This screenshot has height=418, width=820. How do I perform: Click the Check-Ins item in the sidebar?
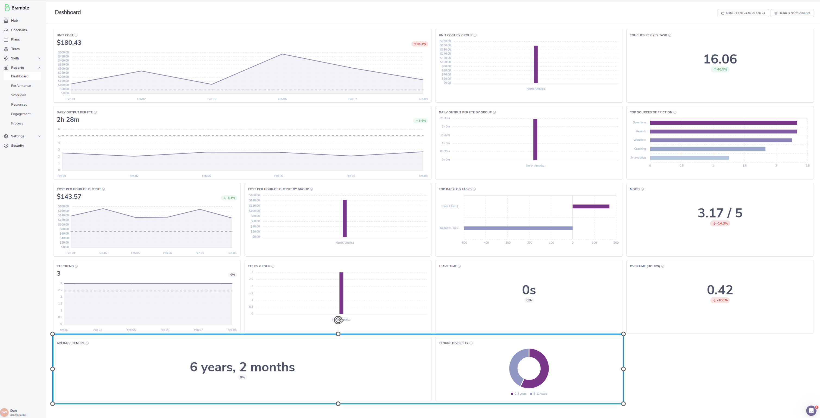19,30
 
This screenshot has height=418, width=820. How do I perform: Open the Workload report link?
18,95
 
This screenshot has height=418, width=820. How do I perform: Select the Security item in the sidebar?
17,146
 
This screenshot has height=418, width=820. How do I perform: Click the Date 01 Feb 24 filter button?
743,13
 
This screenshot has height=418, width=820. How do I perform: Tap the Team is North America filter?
792,13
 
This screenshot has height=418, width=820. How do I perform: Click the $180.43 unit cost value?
69,43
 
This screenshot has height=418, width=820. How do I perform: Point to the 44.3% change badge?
420,44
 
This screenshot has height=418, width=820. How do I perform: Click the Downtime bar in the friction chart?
723,123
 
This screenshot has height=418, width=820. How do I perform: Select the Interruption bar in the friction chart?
689,158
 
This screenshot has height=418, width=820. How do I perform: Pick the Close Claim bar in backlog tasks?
591,206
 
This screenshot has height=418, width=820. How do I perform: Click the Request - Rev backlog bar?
518,228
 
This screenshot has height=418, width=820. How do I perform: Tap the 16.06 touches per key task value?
720,59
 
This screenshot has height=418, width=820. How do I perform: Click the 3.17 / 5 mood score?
720,213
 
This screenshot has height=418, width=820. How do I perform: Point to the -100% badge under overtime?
720,300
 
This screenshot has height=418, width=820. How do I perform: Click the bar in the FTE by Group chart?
341,293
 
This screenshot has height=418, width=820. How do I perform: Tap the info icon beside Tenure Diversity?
471,343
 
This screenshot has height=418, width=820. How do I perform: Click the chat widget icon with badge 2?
811,411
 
